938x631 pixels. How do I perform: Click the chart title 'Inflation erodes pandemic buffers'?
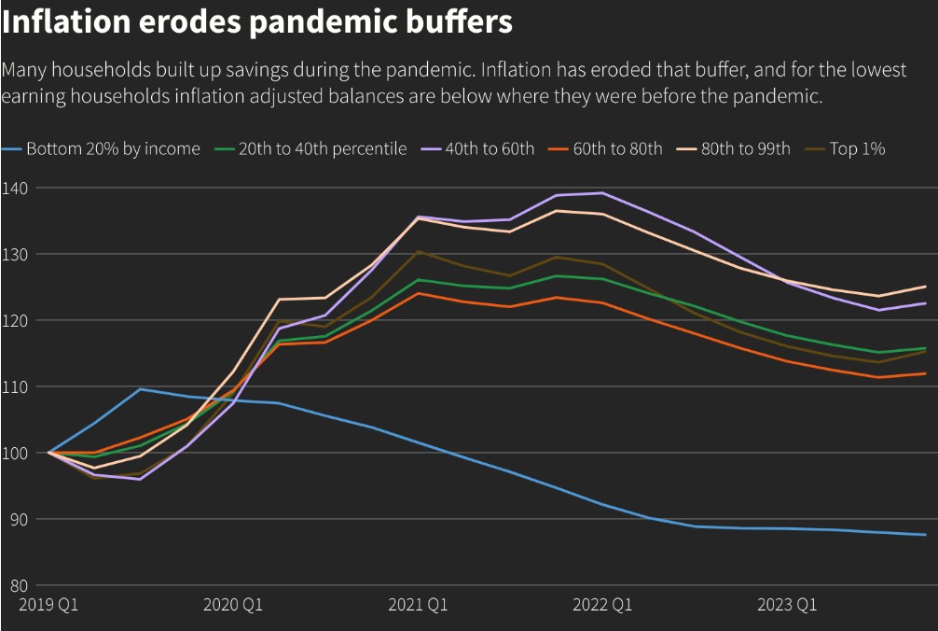pos(257,22)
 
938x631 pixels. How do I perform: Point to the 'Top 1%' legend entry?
pos(857,148)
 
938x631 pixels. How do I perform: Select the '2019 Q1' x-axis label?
pos(48,605)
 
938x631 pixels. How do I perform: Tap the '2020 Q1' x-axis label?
pos(233,605)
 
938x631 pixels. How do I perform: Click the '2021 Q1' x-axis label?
pos(418,605)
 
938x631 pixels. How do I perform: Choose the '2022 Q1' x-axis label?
pos(602,605)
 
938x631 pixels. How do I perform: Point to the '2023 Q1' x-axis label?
pos(787,605)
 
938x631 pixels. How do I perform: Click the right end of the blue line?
pos(925,535)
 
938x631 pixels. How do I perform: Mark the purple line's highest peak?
pos(602,193)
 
